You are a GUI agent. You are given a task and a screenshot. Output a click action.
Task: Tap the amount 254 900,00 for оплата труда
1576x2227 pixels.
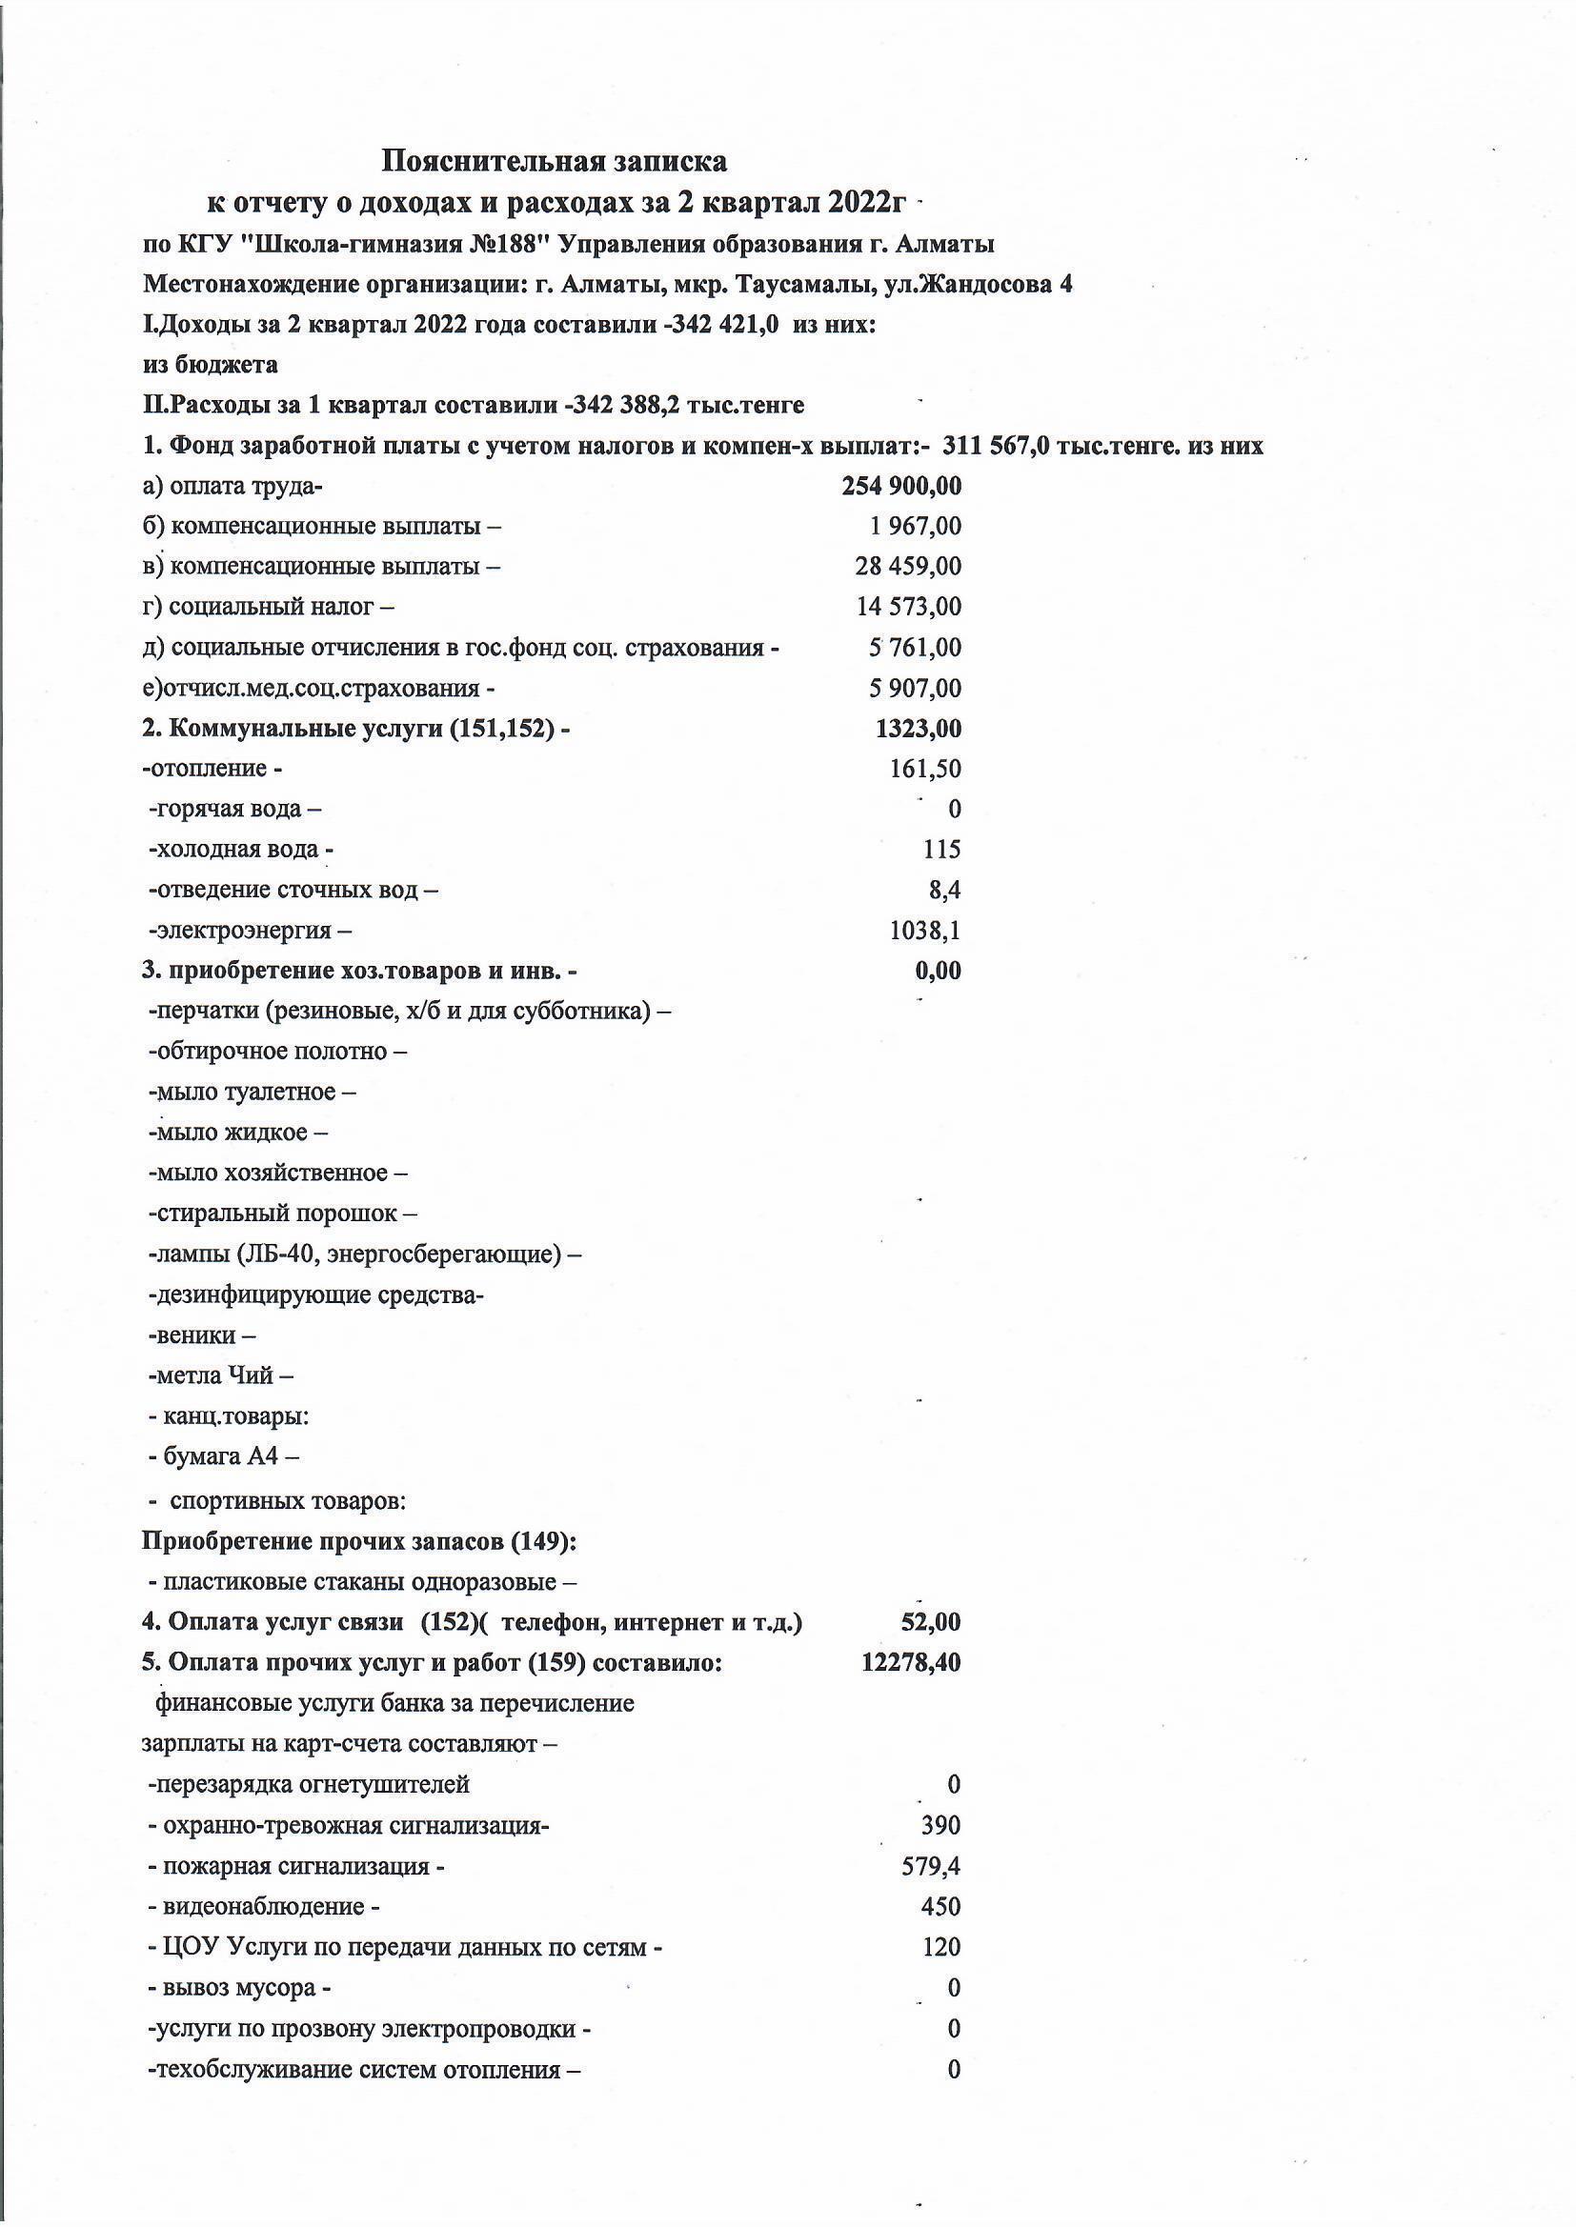point(900,486)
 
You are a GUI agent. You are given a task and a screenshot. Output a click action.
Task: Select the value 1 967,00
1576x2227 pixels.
point(914,527)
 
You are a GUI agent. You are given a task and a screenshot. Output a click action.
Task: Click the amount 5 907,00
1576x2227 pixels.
point(914,689)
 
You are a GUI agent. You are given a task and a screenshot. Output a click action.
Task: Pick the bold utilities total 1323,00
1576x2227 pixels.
point(917,730)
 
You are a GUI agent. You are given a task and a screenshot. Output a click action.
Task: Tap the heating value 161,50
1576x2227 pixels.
point(925,770)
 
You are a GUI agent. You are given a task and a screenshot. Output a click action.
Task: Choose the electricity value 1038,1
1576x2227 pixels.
point(925,932)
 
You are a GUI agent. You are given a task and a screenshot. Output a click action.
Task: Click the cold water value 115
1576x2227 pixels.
point(941,850)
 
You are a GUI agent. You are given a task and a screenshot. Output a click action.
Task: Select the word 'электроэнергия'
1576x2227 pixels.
point(243,932)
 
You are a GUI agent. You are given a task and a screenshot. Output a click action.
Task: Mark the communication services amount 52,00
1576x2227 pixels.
point(931,1622)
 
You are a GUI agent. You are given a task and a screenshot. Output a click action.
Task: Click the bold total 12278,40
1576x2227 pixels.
point(910,1662)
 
